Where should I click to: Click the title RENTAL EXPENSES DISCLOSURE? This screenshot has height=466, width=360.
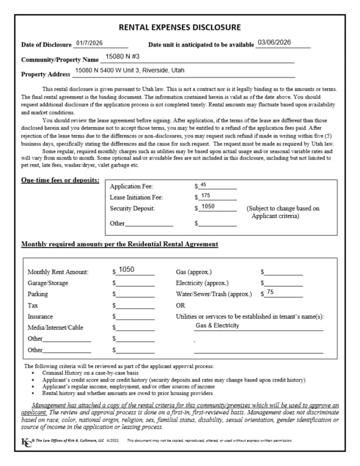click(x=179, y=27)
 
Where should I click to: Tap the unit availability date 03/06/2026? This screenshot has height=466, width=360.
click(x=274, y=43)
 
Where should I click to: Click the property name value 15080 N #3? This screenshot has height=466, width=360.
click(x=122, y=58)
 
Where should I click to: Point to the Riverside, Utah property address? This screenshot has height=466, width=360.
click(x=130, y=70)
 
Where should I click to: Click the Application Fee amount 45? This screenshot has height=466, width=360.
click(x=203, y=185)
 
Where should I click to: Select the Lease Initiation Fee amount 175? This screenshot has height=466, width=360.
click(x=205, y=196)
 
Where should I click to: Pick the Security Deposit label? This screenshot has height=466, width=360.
click(x=132, y=208)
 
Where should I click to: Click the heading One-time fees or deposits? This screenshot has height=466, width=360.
click(x=60, y=180)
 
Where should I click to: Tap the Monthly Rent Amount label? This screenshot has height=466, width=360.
click(x=58, y=272)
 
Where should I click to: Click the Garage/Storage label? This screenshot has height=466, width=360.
click(x=48, y=283)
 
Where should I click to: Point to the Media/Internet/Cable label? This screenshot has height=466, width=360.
click(x=55, y=327)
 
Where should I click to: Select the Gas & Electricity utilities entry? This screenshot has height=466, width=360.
click(x=217, y=326)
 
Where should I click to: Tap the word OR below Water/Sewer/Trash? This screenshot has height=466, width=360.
click(x=181, y=305)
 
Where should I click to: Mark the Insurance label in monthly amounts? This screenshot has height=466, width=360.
click(x=40, y=316)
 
